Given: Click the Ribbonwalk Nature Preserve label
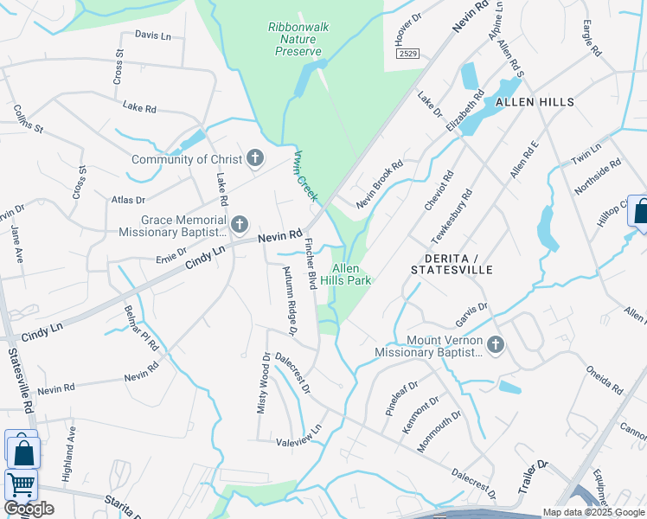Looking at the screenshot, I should (x=298, y=40).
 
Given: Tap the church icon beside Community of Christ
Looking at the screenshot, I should (x=254, y=158).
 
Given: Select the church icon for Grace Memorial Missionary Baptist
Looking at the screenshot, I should (x=239, y=226).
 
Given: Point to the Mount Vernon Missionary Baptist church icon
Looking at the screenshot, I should (x=496, y=345).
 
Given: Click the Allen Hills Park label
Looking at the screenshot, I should (x=340, y=274).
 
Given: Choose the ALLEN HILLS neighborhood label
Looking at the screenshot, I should (x=535, y=102).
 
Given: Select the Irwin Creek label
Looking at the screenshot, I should (x=306, y=176).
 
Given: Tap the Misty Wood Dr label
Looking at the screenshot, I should (x=263, y=382).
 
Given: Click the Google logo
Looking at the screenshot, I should (x=29, y=509).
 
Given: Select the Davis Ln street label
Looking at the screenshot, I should (x=153, y=35).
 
